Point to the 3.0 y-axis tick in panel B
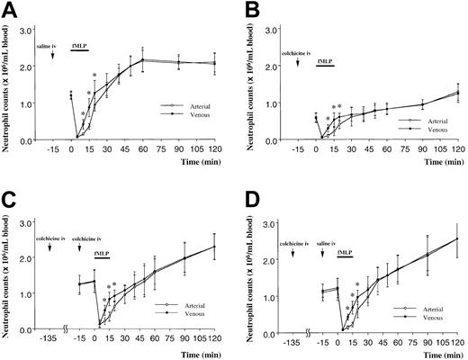click(x=288, y=16)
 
